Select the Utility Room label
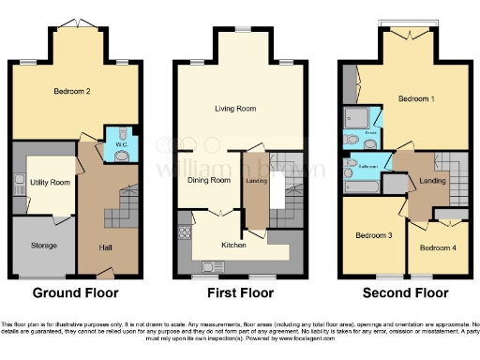(48, 181)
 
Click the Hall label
(105, 247)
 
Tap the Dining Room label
(209, 180)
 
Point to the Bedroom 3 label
(372, 234)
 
